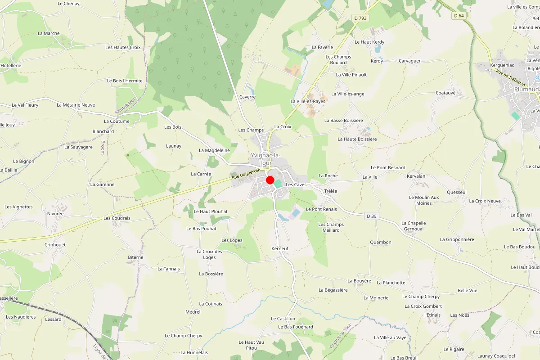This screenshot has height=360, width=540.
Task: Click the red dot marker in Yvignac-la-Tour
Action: (x=270, y=180)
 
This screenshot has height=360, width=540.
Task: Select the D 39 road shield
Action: (x=371, y=216)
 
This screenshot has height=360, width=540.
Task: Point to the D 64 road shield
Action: (x=459, y=16)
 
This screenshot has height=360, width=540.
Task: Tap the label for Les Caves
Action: (x=296, y=184)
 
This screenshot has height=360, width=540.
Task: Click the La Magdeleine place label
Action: (x=214, y=150)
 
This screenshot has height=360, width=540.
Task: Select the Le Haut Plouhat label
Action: (x=211, y=211)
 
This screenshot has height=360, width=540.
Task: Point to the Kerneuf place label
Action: (x=280, y=248)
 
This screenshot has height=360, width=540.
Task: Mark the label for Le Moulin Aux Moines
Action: (x=424, y=200)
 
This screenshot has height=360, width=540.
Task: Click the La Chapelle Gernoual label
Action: (x=414, y=226)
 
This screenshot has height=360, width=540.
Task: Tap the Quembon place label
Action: (x=381, y=242)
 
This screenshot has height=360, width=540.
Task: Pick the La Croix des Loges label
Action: (x=209, y=254)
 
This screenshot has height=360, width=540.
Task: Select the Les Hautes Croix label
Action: (x=123, y=47)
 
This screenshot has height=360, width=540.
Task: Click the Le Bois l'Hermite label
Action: (x=125, y=81)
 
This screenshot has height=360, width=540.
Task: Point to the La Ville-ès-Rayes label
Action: (x=308, y=101)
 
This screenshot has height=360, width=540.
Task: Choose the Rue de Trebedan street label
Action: (x=508, y=77)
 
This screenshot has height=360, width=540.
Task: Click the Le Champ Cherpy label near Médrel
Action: (x=184, y=336)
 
